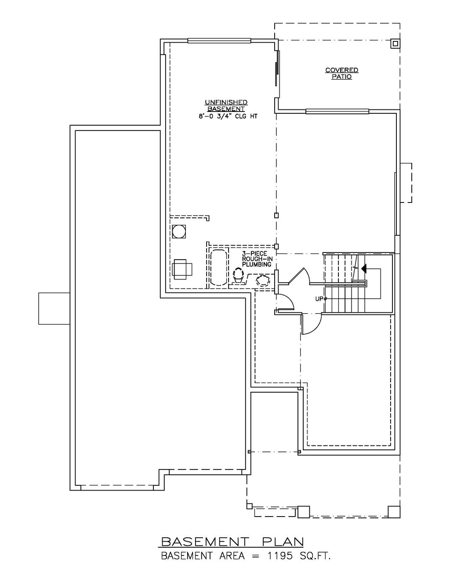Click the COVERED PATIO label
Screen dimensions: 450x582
click(342, 73)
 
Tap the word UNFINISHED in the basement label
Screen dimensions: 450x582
click(226, 102)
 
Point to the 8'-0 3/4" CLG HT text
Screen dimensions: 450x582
click(226, 116)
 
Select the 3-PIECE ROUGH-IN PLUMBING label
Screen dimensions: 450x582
click(257, 259)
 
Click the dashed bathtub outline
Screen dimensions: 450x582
click(219, 268)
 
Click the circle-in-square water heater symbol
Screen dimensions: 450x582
click(179, 231)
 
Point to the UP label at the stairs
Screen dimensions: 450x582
click(319, 299)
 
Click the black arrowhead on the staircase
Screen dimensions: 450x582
click(364, 268)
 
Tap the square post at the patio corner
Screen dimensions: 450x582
click(395, 43)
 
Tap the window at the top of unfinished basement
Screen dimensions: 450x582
click(219, 41)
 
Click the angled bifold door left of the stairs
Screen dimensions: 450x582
click(299, 276)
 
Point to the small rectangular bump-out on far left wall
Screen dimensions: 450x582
click(54, 308)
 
